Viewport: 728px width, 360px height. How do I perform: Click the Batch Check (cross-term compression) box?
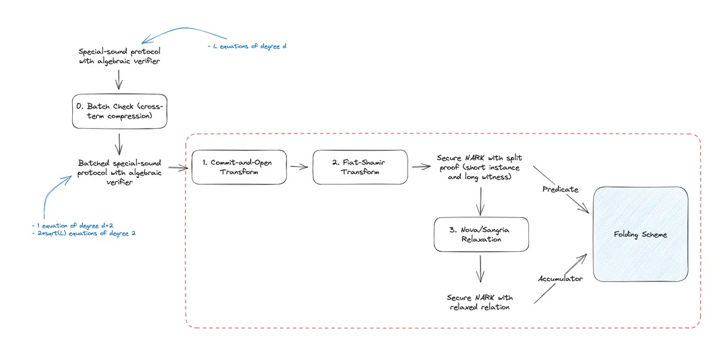(119, 111)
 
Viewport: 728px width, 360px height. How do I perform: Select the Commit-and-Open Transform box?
(239, 167)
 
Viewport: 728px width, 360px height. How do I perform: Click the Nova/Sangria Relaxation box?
(481, 234)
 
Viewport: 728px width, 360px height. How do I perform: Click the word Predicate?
(561, 189)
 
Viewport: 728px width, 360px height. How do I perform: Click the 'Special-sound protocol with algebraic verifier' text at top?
(119, 56)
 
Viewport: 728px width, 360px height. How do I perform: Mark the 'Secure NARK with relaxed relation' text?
(480, 302)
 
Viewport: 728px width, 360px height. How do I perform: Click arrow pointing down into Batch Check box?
(119, 79)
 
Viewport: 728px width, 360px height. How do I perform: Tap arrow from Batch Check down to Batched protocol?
(119, 144)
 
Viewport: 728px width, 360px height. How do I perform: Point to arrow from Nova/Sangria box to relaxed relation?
(480, 268)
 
